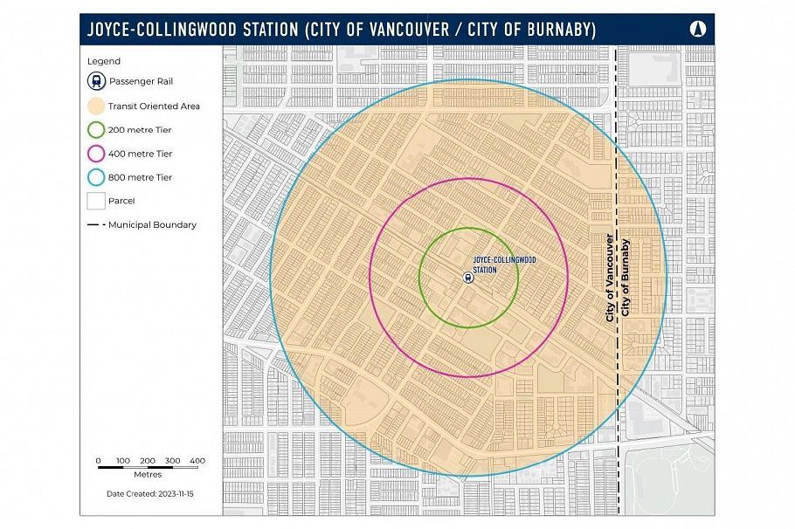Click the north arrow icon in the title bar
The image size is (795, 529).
pyautogui.click(x=697, y=29)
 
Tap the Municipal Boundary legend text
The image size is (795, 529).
pyautogui.click(x=152, y=224)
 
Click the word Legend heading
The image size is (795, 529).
pyautogui.click(x=104, y=61)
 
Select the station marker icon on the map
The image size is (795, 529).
pyautogui.click(x=468, y=278)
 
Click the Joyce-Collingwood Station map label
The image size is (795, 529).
pyautogui.click(x=504, y=264)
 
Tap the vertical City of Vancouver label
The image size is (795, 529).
pyautogui.click(x=610, y=277)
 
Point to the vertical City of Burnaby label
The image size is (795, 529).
pyautogui.click(x=625, y=277)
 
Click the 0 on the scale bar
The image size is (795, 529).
pyautogui.click(x=98, y=460)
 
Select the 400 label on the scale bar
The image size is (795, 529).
pyautogui.click(x=197, y=460)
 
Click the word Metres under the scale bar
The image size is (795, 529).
pyautogui.click(x=148, y=475)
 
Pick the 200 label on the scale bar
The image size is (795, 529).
pyautogui.click(x=148, y=460)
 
